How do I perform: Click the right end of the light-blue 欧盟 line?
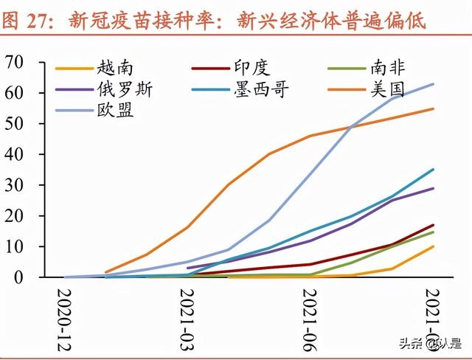tap(433, 84)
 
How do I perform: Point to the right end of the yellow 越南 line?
tap(433, 246)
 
